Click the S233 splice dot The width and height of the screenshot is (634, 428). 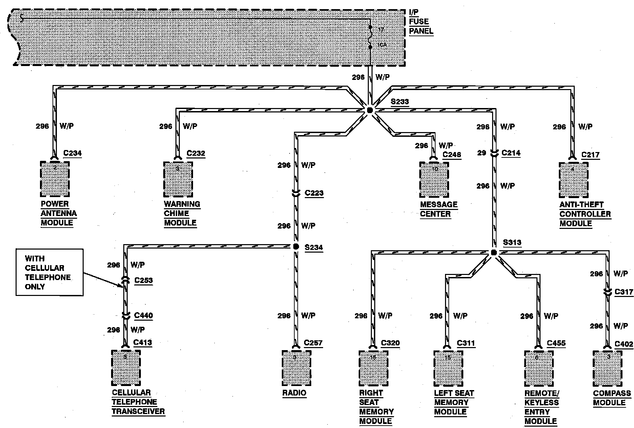point(369,110)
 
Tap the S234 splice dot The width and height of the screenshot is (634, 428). point(296,247)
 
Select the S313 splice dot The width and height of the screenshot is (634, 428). point(493,253)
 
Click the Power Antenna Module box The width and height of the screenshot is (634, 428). point(55,179)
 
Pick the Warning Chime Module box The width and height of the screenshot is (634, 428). point(178,179)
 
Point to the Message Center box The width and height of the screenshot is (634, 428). point(434,180)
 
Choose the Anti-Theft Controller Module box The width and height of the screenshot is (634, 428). point(574,180)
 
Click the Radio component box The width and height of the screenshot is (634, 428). point(296,368)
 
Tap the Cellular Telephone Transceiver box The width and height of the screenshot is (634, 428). point(126,368)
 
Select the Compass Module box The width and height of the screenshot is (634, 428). point(608,368)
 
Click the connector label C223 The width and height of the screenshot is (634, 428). point(314,193)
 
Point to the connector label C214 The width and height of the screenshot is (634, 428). point(511,153)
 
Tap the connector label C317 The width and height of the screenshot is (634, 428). point(624,292)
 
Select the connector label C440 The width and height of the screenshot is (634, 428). point(144,316)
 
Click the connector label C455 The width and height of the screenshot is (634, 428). point(556,343)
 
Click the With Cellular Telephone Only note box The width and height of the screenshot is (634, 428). point(49,272)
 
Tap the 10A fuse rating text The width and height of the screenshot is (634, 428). point(382,45)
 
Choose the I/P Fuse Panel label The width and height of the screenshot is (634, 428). point(421,22)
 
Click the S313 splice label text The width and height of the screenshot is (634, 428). point(512,242)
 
